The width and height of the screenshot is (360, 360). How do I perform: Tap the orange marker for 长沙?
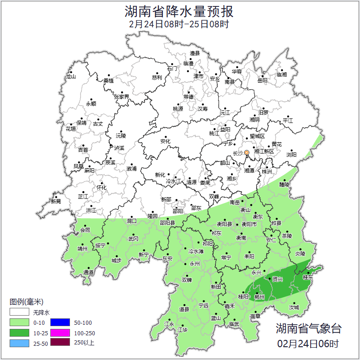(247, 152)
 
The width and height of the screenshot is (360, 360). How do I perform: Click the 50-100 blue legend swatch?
(59, 322)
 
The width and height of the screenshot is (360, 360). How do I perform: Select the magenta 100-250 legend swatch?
(59, 333)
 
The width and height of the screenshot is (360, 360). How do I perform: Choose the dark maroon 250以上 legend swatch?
(59, 343)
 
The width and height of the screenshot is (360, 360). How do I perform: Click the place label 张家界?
(122, 97)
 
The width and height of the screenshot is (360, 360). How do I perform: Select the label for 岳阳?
(262, 81)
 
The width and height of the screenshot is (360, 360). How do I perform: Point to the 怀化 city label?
(101, 188)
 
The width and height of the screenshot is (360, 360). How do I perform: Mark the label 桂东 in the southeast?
(308, 277)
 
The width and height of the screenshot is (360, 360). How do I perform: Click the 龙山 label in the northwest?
(70, 76)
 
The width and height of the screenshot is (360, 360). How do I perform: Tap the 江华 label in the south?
(183, 329)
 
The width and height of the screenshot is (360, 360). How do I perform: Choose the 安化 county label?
(165, 141)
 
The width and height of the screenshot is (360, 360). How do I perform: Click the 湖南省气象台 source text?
(308, 328)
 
